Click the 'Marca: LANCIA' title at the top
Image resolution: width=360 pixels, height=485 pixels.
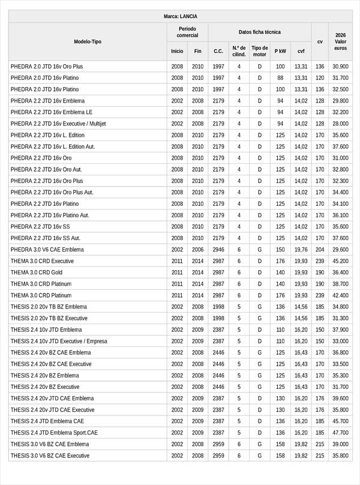click(x=180, y=16)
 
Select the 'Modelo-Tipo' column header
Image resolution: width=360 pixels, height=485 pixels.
click(x=88, y=41)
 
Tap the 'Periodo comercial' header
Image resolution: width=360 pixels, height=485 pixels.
click(x=187, y=32)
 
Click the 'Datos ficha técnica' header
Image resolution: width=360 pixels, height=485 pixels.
click(x=259, y=32)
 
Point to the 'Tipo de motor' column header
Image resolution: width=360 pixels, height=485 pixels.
click(x=260, y=51)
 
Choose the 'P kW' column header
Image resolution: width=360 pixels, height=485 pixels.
click(x=280, y=52)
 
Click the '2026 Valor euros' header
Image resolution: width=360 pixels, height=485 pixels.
click(x=340, y=41)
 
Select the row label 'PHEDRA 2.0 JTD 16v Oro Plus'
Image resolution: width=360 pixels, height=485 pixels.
click(x=47, y=67)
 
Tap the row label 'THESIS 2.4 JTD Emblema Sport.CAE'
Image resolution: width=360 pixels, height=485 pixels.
click(x=54, y=433)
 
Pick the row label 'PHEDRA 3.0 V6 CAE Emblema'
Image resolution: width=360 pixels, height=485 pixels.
click(x=47, y=250)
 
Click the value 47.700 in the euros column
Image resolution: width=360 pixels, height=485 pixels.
click(x=340, y=433)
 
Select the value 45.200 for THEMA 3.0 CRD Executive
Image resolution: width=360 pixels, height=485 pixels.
click(x=340, y=261)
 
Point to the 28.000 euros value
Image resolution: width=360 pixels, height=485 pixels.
click(x=340, y=124)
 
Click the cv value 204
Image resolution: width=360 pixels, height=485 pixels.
click(x=320, y=250)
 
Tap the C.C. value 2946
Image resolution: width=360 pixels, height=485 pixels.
click(x=218, y=250)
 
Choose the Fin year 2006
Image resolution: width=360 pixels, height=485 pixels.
click(x=198, y=250)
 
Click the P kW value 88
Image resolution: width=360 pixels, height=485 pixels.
click(x=280, y=78)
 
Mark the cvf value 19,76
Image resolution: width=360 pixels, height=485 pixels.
click(x=301, y=250)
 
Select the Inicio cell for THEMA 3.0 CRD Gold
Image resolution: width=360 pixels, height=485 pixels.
click(x=177, y=273)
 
